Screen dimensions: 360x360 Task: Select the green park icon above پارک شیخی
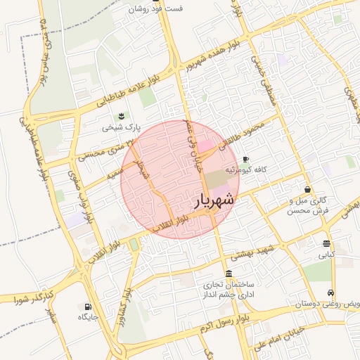(x=122, y=116)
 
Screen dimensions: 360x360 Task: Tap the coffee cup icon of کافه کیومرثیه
(x=245, y=160)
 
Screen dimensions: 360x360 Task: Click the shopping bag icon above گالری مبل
(x=308, y=189)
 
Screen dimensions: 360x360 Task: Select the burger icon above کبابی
(x=327, y=243)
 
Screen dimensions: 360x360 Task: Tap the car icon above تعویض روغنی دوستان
(x=330, y=293)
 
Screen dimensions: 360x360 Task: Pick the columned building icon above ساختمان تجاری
(x=229, y=274)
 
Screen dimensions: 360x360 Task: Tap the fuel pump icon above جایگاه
(x=88, y=307)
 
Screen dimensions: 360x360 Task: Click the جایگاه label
(x=88, y=318)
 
